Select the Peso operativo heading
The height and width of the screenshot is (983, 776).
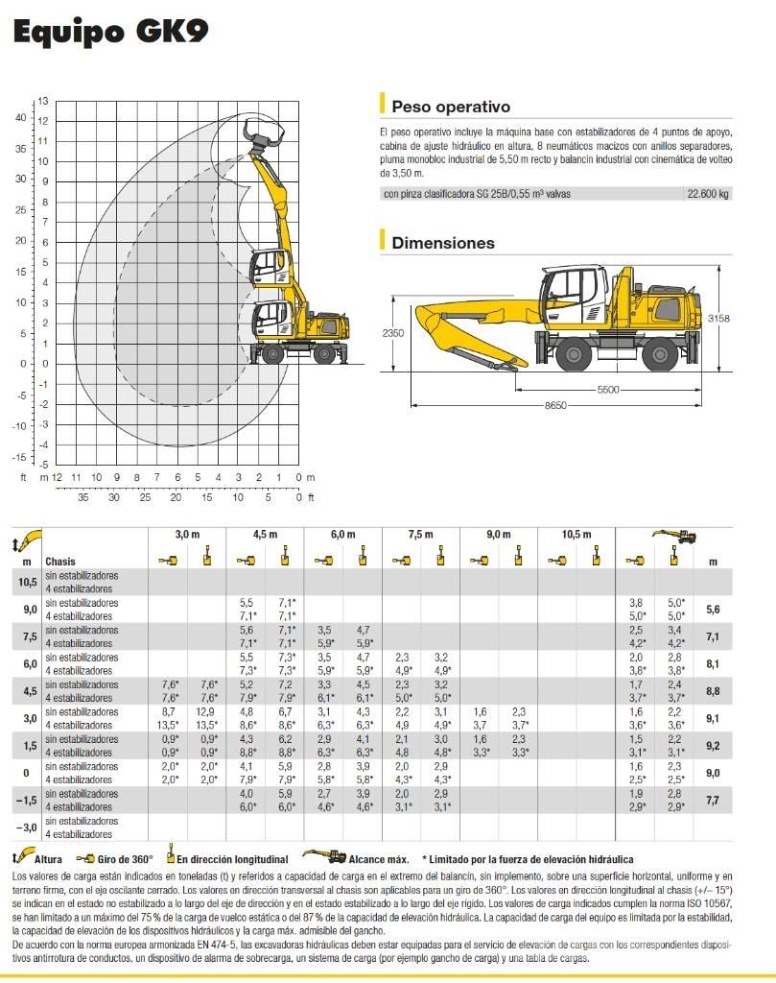(x=451, y=107)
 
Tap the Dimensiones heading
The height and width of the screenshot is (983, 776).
(x=443, y=243)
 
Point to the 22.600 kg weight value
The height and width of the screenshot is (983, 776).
(x=708, y=193)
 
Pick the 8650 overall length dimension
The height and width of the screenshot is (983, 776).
(x=556, y=406)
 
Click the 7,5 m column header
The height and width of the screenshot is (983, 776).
(x=421, y=535)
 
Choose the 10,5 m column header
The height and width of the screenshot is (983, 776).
(x=576, y=535)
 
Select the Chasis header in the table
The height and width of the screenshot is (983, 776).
(x=60, y=562)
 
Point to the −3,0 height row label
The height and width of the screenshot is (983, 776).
(x=30, y=827)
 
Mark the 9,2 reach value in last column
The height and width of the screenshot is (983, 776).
(x=712, y=746)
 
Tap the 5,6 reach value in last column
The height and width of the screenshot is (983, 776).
(x=712, y=609)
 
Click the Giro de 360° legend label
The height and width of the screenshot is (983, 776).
(x=126, y=860)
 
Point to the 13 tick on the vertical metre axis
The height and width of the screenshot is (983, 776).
(x=42, y=100)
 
